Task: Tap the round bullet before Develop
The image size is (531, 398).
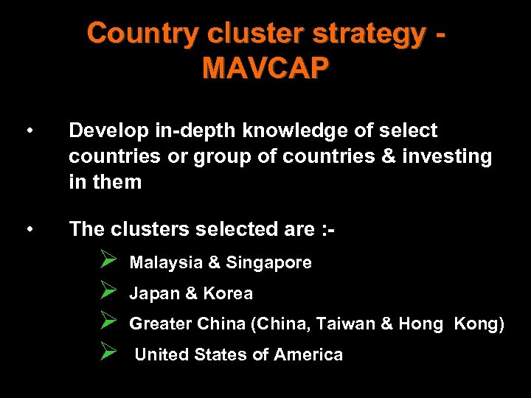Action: (x=28, y=131)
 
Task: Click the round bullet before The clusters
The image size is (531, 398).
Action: (x=28, y=230)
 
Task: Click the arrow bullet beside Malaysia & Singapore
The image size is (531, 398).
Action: (x=108, y=262)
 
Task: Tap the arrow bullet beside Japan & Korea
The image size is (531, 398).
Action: (x=108, y=293)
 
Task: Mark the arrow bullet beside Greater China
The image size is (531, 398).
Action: (x=108, y=324)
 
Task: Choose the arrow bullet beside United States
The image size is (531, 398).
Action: (x=108, y=354)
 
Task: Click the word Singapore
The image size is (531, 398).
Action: (x=268, y=262)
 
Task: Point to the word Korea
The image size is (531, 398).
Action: (x=228, y=293)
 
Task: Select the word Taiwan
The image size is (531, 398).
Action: (x=350, y=324)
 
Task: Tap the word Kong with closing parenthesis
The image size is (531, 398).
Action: (x=479, y=324)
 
